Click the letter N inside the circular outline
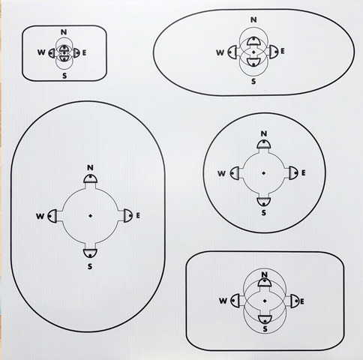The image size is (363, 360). click(264, 133)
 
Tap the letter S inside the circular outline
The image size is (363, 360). click(264, 213)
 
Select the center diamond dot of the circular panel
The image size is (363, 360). click(263, 172)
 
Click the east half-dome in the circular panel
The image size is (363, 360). click(294, 172)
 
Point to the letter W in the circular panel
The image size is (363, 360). click(222, 173)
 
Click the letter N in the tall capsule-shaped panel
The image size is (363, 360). click(90, 167)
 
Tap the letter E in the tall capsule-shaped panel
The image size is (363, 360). click(138, 215)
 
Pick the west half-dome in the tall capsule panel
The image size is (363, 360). click(52, 216)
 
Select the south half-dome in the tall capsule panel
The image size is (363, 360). click(90, 253)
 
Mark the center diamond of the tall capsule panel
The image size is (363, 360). click(90, 215)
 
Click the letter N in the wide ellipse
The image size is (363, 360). click(253, 19)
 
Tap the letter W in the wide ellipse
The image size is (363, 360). click(220, 52)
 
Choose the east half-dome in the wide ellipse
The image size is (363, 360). click(274, 52)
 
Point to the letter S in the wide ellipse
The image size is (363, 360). click(253, 81)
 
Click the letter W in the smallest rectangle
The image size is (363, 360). click(41, 52)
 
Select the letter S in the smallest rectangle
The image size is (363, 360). click(64, 76)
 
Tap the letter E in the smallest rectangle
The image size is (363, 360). click(84, 53)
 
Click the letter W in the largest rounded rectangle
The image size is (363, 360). click(223, 301)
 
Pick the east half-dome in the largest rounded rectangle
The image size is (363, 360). click(295, 301)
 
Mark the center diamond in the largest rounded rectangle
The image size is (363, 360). click(265, 301)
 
